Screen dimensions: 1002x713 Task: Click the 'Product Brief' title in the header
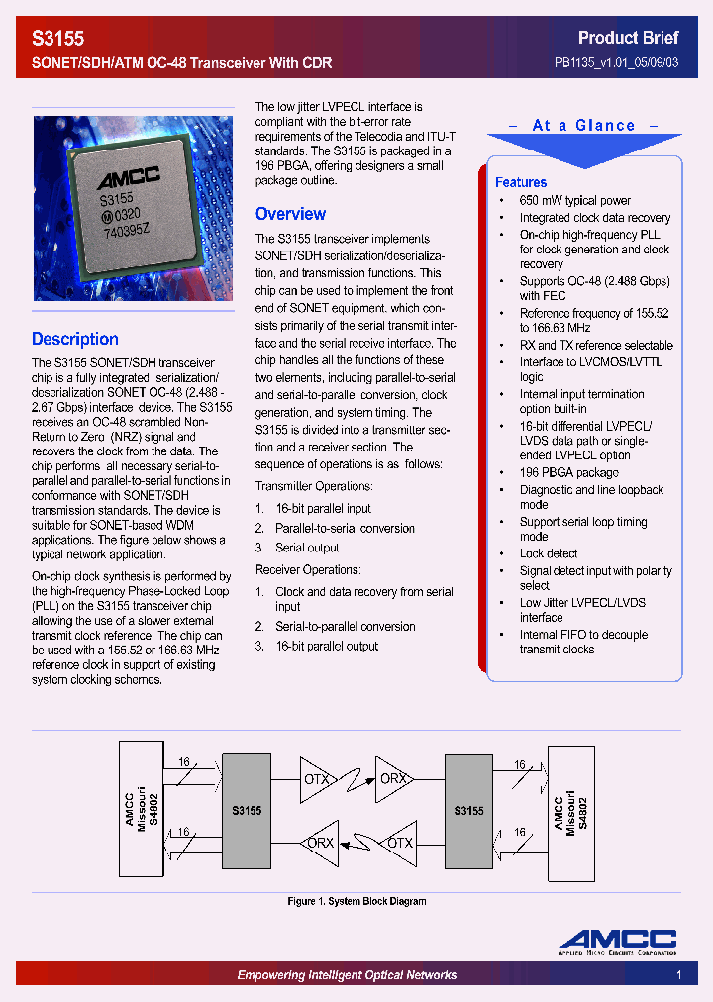point(628,38)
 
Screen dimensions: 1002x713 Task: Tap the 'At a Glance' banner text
point(583,126)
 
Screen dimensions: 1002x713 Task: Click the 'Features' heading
point(521,182)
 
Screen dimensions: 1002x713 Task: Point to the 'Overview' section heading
point(290,214)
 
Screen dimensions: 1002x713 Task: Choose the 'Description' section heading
point(75,339)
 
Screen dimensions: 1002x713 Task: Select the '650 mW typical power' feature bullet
point(574,200)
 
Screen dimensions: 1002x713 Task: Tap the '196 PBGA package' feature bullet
point(568,472)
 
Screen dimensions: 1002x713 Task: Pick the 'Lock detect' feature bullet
point(548,553)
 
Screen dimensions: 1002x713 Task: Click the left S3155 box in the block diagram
point(247,810)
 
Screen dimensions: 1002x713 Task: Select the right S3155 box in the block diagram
point(468,810)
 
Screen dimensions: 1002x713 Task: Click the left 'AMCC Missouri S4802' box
point(147,810)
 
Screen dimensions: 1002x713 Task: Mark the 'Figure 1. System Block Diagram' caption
point(356,901)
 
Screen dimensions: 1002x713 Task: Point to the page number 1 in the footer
point(679,975)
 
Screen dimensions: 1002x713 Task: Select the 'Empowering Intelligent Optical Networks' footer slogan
point(347,975)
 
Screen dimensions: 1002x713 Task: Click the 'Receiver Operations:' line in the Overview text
point(308,569)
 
